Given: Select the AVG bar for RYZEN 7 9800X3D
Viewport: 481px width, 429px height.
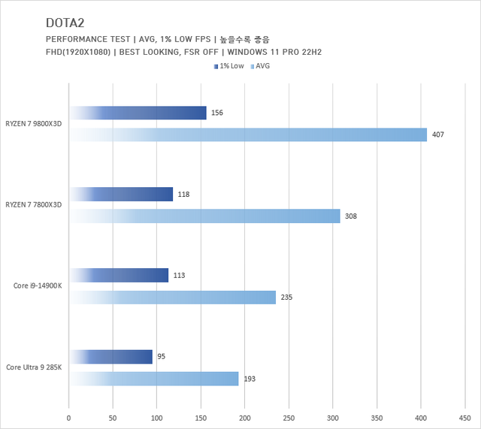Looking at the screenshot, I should pyautogui.click(x=248, y=134).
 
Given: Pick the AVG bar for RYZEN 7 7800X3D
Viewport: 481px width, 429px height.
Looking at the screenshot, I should pyautogui.click(x=204, y=216).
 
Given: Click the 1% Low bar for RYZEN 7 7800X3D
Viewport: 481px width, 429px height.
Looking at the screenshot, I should pyautogui.click(x=121, y=195).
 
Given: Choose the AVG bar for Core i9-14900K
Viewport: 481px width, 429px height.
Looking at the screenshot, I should pyautogui.click(x=172, y=298).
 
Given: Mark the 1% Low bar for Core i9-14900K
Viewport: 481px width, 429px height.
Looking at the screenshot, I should pyautogui.click(x=119, y=276).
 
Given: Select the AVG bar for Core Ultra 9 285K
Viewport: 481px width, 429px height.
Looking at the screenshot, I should pyautogui.click(x=154, y=379).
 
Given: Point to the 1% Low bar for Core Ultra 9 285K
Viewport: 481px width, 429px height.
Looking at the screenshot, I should pyautogui.click(x=110, y=357).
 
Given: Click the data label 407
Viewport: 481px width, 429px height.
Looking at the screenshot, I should pyautogui.click(x=438, y=135).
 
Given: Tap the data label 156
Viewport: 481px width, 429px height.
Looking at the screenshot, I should pyautogui.click(x=217, y=113).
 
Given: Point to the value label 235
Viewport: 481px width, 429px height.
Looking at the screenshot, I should pyautogui.click(x=286, y=298).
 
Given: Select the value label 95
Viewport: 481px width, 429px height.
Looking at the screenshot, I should pyautogui.click(x=161, y=357).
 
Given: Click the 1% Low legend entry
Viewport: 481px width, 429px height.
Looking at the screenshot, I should pyautogui.click(x=229, y=66).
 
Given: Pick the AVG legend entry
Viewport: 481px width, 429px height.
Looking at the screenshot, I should pyautogui.click(x=262, y=66).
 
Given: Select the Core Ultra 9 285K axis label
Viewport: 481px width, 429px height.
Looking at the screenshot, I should pyautogui.click(x=34, y=367).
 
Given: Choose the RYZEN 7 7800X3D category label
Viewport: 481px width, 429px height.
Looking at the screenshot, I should pyautogui.click(x=34, y=205).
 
